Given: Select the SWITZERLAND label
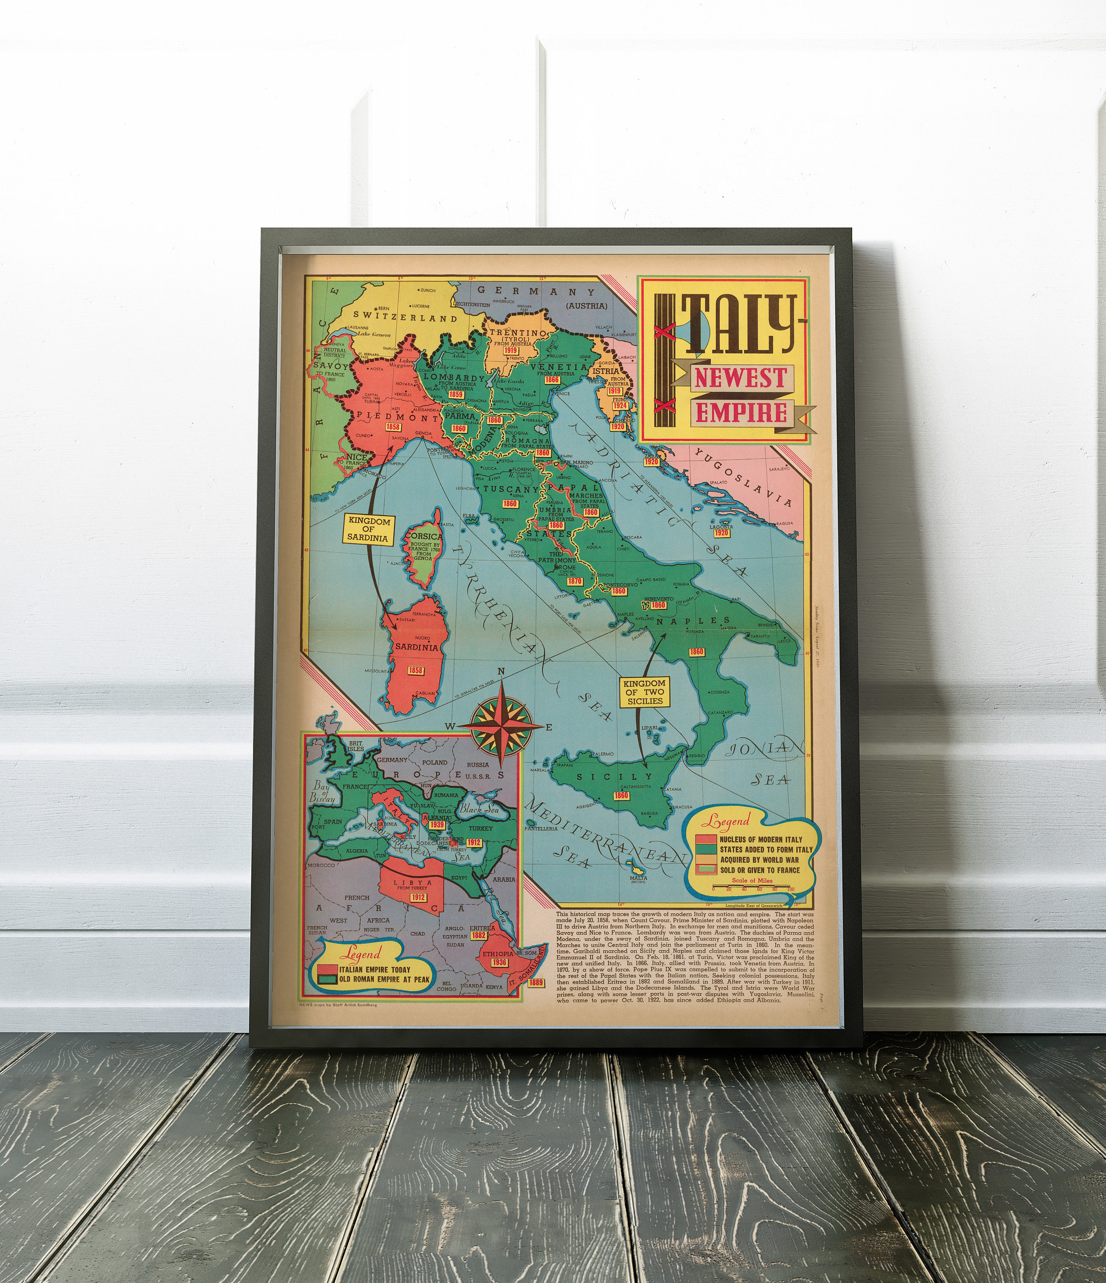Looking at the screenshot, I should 406,318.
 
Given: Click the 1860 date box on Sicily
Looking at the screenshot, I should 621,796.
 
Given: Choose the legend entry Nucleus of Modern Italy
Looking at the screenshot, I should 760,839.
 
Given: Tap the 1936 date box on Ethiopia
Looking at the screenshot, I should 499,962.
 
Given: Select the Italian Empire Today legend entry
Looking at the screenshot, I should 374,970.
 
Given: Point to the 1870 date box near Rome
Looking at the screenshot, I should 574,582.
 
